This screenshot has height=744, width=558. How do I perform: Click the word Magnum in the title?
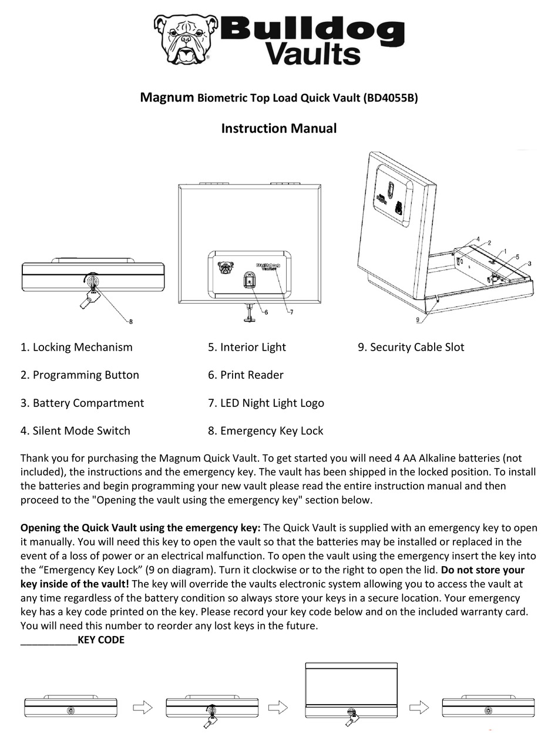coord(167,97)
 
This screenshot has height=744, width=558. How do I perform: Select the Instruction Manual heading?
coord(278,128)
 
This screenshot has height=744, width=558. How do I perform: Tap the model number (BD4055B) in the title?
coord(391,98)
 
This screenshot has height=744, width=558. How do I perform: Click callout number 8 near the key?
coord(130,321)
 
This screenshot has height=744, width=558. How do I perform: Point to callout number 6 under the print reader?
coord(266,312)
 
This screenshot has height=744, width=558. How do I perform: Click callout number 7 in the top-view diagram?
coord(291,312)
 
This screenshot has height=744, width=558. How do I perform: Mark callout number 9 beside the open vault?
coord(418,320)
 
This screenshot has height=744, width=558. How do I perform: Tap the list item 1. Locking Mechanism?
coord(76,347)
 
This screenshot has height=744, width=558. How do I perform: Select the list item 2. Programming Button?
coord(80,375)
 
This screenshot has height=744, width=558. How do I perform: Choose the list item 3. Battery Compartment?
coord(82,403)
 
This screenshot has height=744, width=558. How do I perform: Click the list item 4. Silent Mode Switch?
coord(75,430)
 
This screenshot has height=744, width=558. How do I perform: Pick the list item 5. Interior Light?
coord(247,347)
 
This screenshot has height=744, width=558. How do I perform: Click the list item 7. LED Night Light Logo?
coord(265,403)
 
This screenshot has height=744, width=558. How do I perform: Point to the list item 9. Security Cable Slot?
coord(411,347)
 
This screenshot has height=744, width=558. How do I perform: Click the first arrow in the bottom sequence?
coord(143,708)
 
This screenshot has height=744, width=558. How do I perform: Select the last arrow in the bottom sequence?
coord(419,708)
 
